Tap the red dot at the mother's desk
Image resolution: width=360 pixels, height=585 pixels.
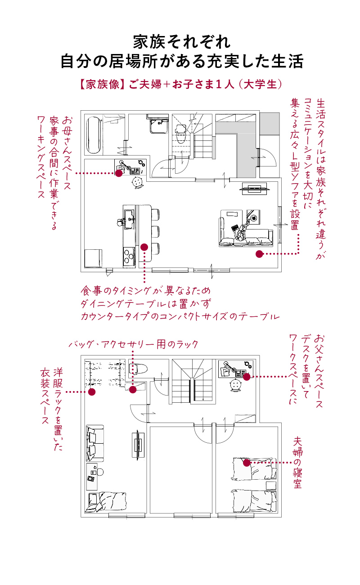click(119, 173)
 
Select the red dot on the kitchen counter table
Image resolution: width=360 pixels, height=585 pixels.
click(144, 247)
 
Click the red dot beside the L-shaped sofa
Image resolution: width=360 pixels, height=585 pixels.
click(259, 254)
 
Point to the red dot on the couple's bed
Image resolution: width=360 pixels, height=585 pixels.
click(246, 462)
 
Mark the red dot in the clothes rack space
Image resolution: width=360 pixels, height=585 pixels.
click(92, 391)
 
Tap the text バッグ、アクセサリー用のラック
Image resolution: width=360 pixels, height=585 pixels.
click(134, 345)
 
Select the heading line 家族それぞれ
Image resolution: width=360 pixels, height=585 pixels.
click(182, 42)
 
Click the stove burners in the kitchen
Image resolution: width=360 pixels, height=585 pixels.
click(129, 257)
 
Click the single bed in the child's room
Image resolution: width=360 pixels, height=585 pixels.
click(103, 502)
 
